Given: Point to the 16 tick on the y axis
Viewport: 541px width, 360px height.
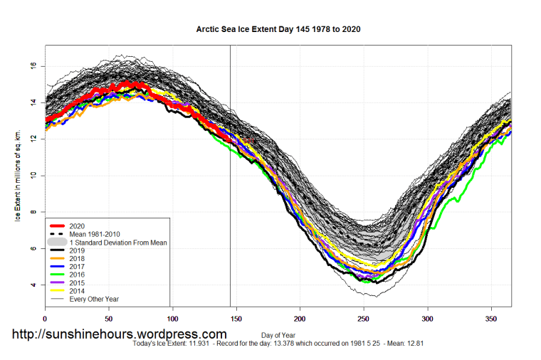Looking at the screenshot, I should pos(33,65).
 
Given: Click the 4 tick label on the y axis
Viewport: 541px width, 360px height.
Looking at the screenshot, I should pos(33,285).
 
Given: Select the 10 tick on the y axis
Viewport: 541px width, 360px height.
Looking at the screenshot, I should pos(33,176).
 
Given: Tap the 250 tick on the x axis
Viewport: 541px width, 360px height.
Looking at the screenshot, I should pos(364,319).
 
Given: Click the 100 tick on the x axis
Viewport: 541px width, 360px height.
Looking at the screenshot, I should pos(172,319).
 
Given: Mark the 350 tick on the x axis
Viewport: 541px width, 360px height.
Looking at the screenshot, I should pos(491,319).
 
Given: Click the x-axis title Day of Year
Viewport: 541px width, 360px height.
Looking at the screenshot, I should pos(279,335).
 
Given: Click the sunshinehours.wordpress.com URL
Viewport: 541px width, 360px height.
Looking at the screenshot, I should pos(118,334).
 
